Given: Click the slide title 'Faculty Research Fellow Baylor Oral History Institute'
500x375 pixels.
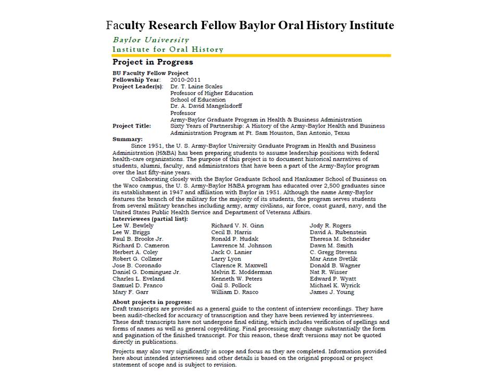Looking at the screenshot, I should tap(250, 25).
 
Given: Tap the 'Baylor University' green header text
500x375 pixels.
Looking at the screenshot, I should tap(151, 40).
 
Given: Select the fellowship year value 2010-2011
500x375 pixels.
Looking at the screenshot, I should tap(185, 80).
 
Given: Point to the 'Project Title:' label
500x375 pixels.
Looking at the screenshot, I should tap(132, 126).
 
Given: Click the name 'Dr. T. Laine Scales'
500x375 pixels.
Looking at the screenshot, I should tap(196, 86).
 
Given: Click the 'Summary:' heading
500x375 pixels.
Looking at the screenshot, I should tap(128, 139).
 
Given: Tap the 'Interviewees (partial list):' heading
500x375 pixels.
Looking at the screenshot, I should tap(150, 219).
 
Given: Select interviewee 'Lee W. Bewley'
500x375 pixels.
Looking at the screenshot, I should tap(133, 226).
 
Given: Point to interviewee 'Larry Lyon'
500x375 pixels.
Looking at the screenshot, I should tap(226, 259).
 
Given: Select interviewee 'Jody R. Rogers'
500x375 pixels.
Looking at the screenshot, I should tap(330, 226).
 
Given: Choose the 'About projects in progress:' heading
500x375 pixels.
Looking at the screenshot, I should tap(152, 302).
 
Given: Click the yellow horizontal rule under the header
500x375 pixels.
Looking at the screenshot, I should tap(252, 55).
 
